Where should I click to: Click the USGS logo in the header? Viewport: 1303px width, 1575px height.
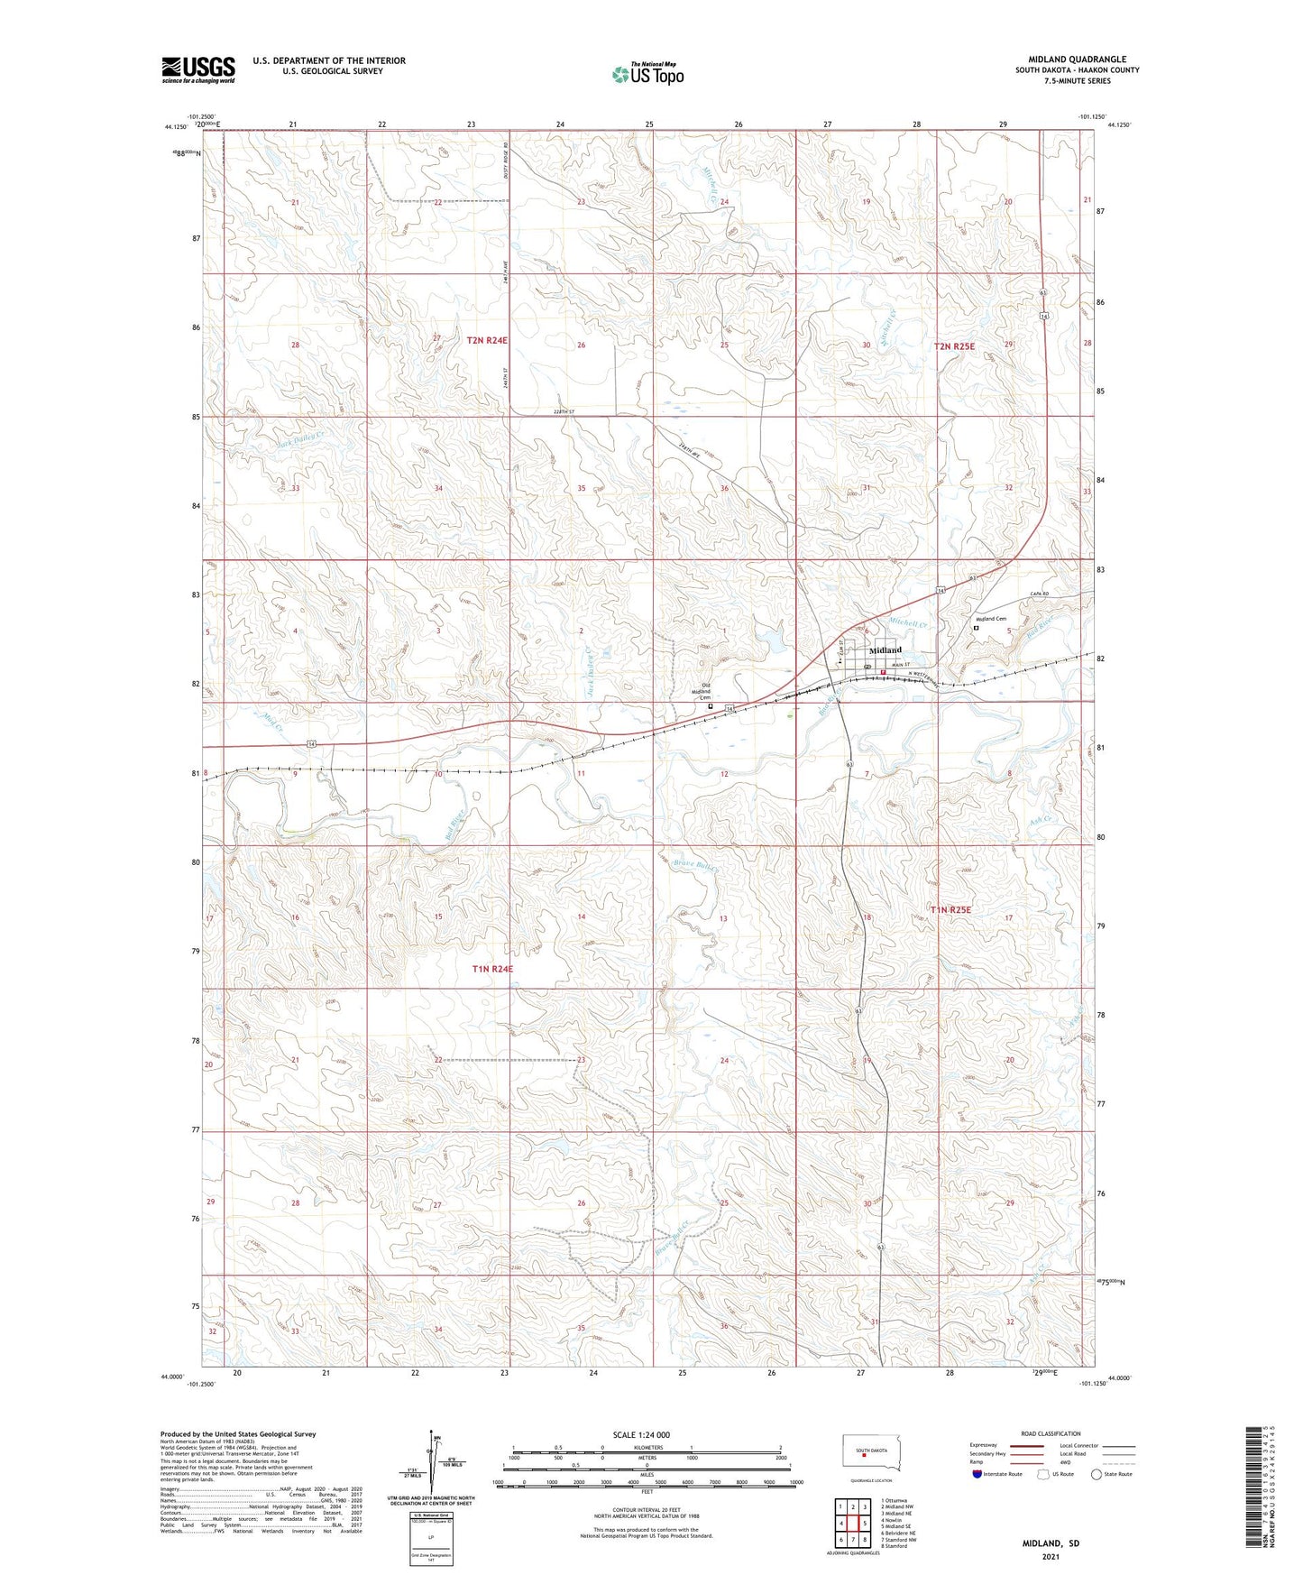198,69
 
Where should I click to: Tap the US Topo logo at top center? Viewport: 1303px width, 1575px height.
647,74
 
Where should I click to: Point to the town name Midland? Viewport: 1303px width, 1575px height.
885,649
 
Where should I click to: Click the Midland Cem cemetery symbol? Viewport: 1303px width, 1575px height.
975,629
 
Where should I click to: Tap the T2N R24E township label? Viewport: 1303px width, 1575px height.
488,340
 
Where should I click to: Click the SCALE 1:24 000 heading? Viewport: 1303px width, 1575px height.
641,1435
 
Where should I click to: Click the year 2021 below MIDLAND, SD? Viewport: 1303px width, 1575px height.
1051,1557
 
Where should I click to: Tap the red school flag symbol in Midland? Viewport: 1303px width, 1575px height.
884,671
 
